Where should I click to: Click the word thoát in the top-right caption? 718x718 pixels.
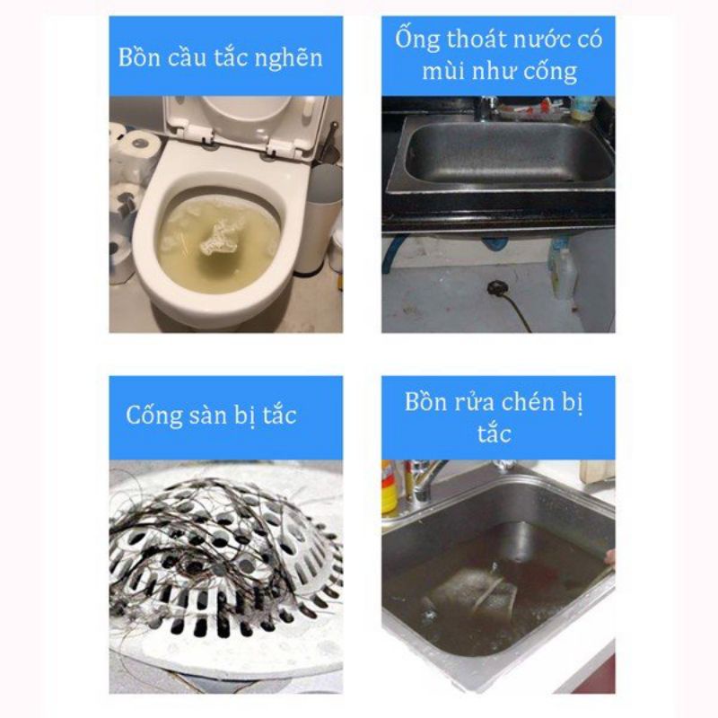pos(476,39)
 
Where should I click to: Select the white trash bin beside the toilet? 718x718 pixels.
pos(323,220)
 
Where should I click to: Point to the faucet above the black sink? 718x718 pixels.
pos(486,108)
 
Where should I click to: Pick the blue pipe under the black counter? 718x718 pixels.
pos(393,251)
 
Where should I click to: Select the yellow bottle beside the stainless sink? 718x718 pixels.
pos(390,488)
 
